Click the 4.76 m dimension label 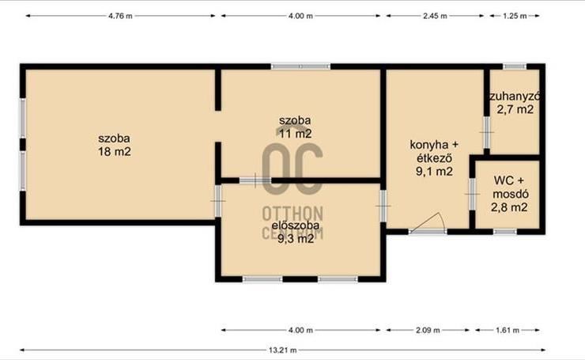[120, 16]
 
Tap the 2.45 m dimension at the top [435, 16]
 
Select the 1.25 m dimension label [515, 16]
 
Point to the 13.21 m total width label [283, 351]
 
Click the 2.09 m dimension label [428, 330]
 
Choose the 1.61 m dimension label [508, 330]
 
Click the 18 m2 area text [115, 152]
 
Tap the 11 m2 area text [296, 134]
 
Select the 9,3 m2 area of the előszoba [296, 239]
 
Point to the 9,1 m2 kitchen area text [434, 172]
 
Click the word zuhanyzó [515, 97]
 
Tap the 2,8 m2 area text [509, 207]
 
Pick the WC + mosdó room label [510, 187]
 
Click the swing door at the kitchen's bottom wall [428, 224]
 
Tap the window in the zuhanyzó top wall [515, 66]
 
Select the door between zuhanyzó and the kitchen [486, 133]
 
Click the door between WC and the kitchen [472, 194]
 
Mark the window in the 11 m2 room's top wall [300, 66]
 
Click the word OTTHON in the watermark [292, 214]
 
